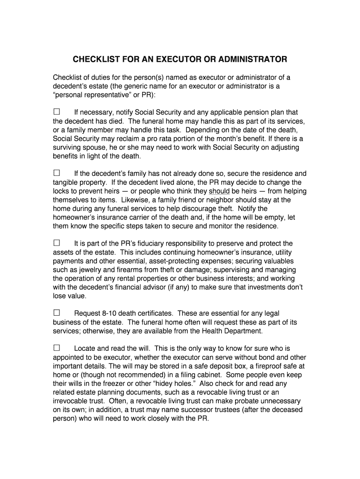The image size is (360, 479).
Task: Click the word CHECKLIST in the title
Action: click(x=94, y=60)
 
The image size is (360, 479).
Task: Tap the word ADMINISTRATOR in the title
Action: click(x=252, y=60)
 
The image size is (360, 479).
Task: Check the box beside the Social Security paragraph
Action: click(x=57, y=112)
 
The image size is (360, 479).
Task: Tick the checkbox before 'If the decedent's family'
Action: click(x=57, y=173)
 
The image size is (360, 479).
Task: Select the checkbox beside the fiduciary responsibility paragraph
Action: click(x=57, y=243)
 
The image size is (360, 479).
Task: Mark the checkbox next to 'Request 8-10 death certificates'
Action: click(x=57, y=313)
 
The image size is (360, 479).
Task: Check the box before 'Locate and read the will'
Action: click(x=57, y=348)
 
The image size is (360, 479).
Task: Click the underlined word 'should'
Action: click(x=219, y=191)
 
